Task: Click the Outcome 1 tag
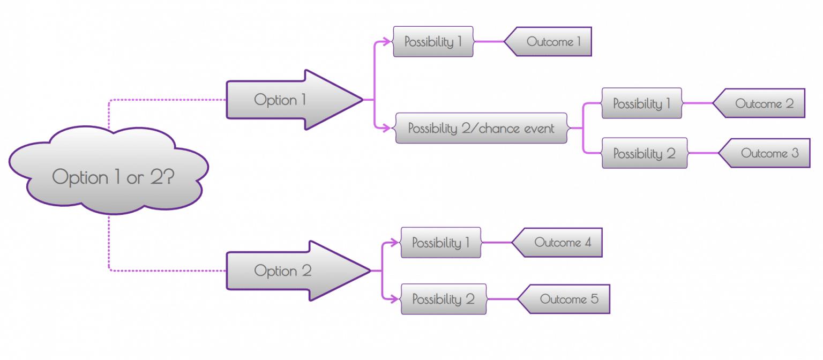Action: click(x=552, y=42)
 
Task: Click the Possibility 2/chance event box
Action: click(x=481, y=128)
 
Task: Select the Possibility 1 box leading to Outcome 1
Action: click(x=433, y=42)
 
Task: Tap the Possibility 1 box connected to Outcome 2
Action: click(x=641, y=103)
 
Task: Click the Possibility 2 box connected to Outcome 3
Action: click(x=644, y=154)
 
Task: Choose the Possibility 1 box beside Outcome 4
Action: click(x=440, y=243)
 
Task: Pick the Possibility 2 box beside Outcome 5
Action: click(x=443, y=299)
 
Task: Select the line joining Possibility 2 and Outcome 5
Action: click(x=502, y=299)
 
